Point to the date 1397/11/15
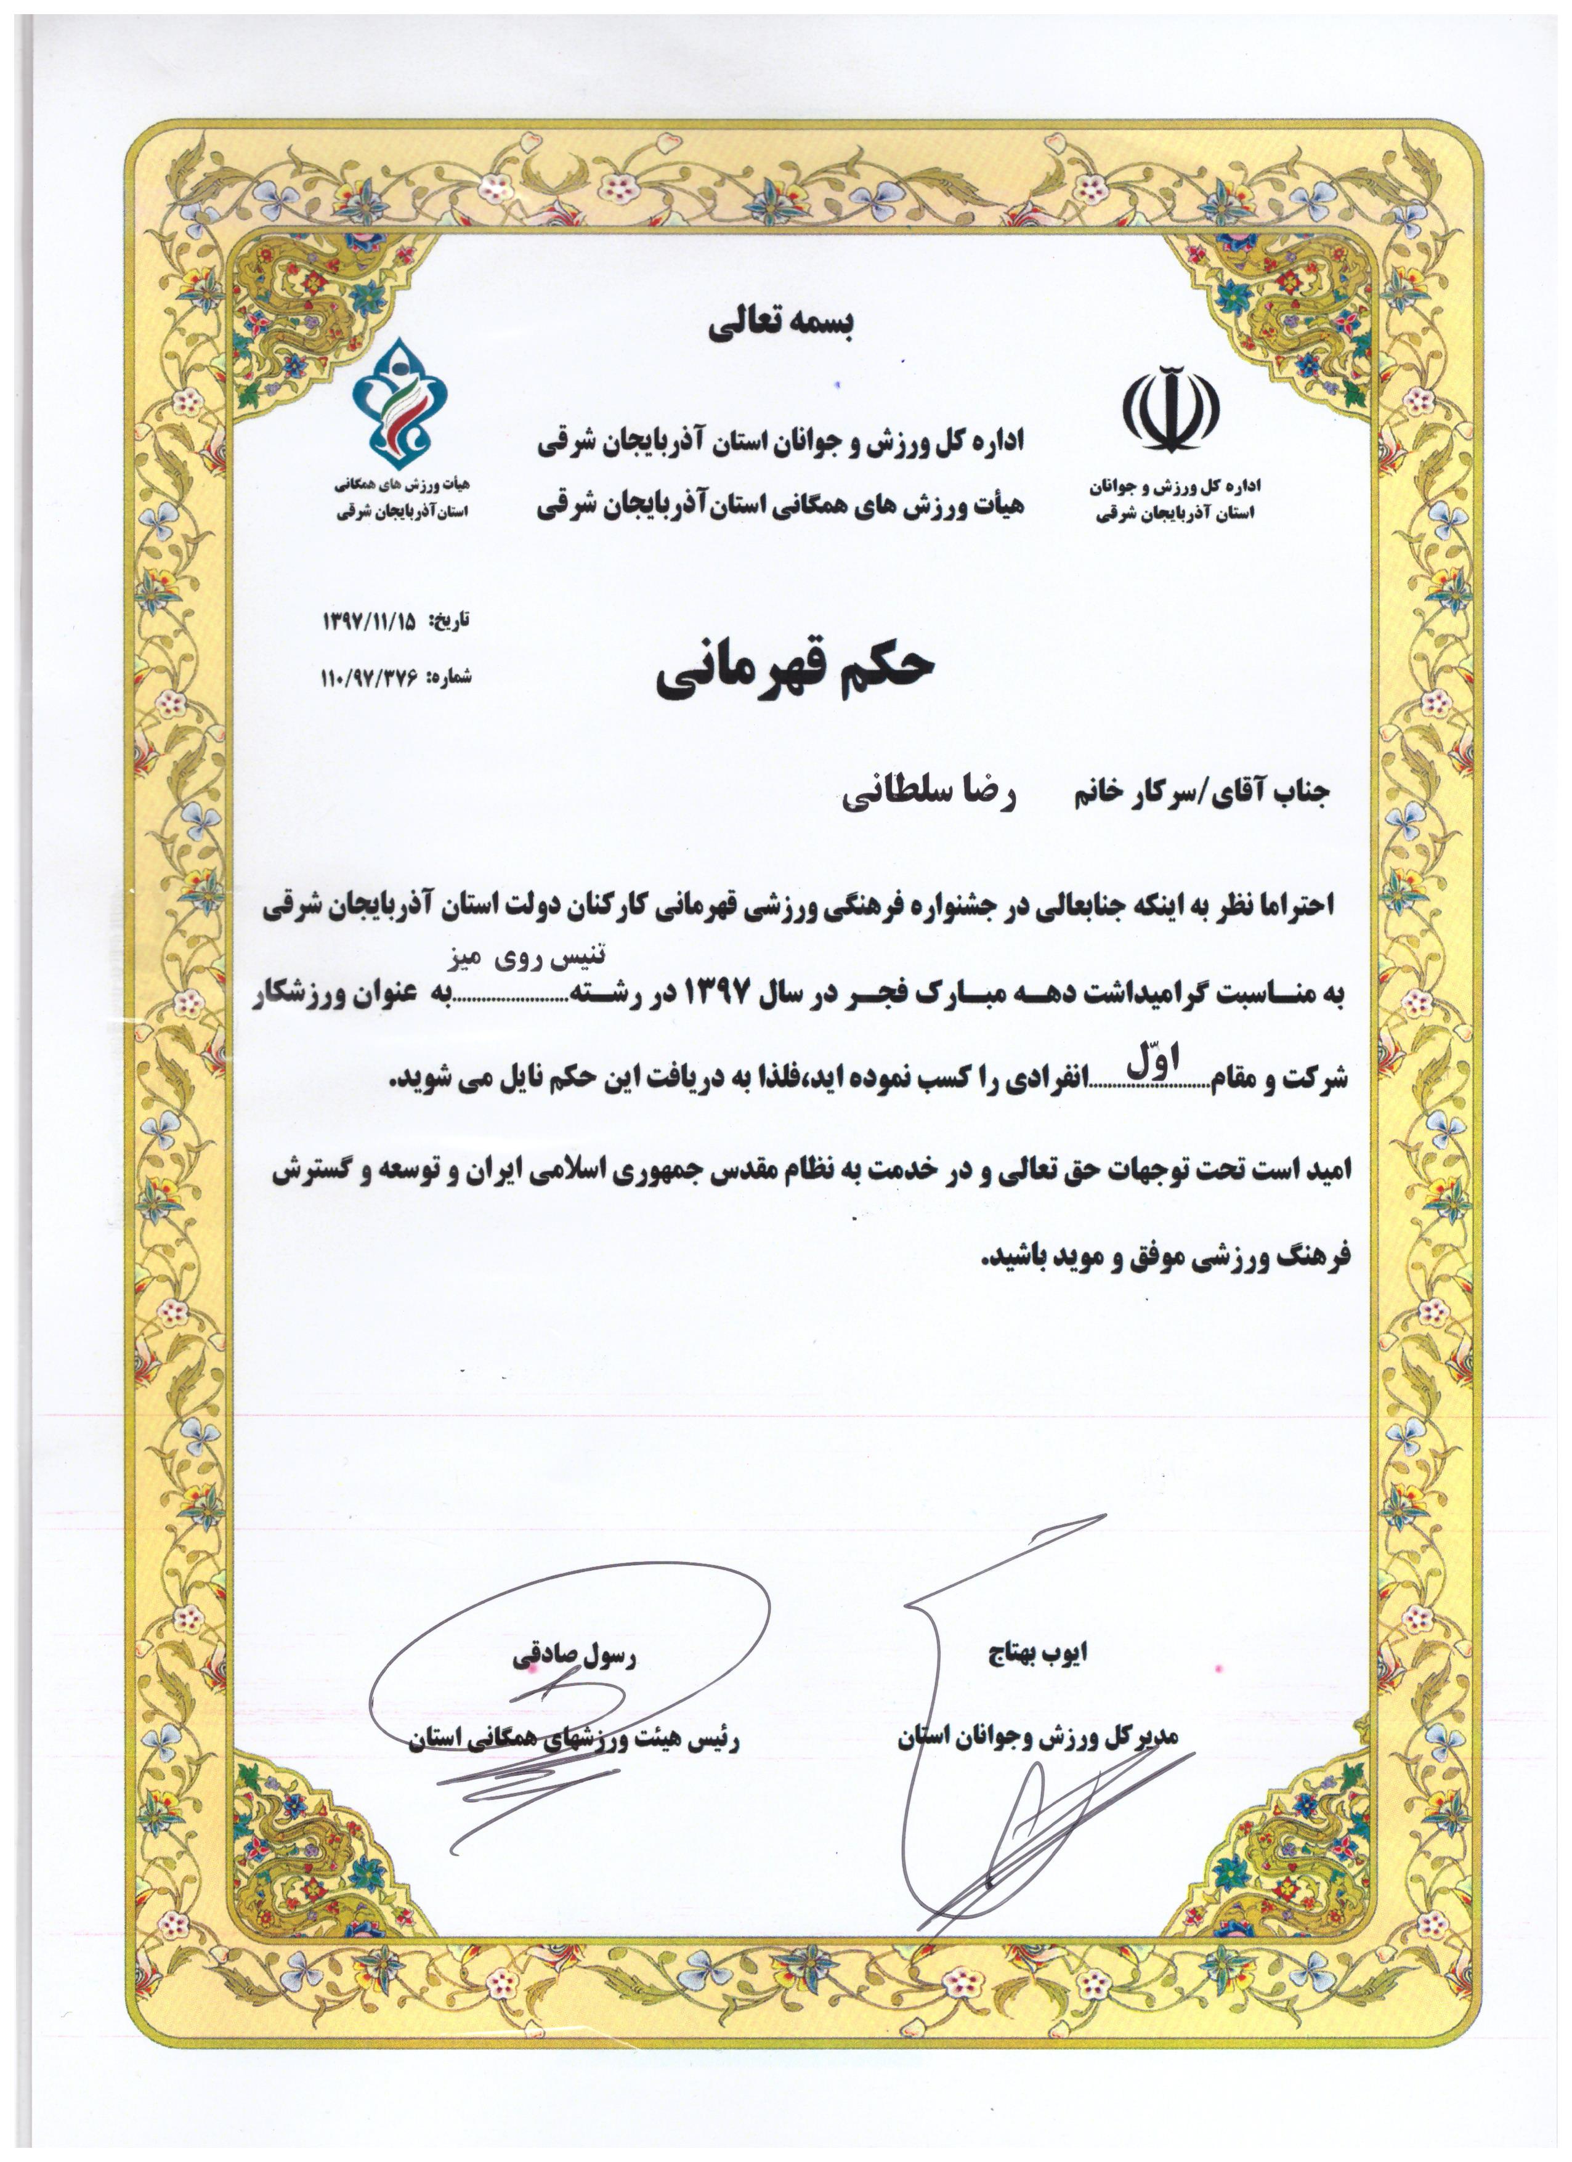coord(370,621)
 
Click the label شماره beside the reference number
coord(450,678)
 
